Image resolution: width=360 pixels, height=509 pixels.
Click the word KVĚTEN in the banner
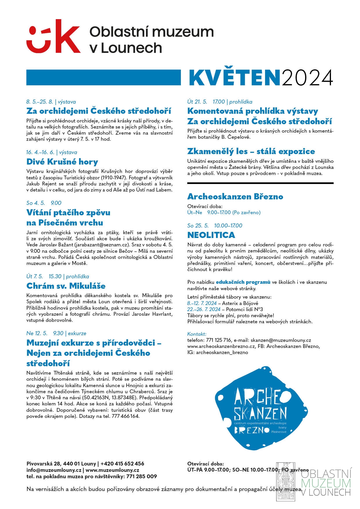click(x=235, y=78)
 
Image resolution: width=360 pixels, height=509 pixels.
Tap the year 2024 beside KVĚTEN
click(x=307, y=78)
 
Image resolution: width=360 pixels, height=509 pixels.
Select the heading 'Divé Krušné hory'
click(x=62, y=162)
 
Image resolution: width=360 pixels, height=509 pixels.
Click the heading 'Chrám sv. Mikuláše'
click(x=66, y=286)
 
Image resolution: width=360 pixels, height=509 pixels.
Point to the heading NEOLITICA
click(x=211, y=235)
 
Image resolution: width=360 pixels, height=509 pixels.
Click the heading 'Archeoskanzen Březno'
click(x=235, y=196)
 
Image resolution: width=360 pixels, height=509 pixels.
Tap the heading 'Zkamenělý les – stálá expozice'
click(x=251, y=151)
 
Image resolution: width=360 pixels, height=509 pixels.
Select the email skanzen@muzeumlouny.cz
click(x=281, y=340)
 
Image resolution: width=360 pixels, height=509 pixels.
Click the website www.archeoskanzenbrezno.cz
click(x=221, y=346)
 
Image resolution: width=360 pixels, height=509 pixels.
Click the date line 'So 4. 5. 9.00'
click(x=44, y=203)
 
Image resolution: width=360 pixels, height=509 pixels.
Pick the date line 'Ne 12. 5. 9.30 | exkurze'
click(x=56, y=333)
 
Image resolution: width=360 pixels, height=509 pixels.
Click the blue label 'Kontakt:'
click(x=197, y=334)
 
